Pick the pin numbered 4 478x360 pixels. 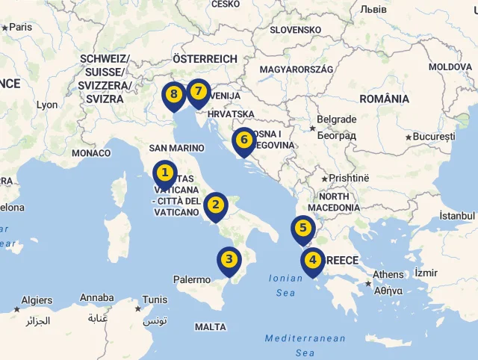tap(312, 261)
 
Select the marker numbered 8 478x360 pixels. tap(174, 95)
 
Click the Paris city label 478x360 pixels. tap(21, 27)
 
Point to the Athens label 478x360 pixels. tap(388, 275)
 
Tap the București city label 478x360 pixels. tap(434, 137)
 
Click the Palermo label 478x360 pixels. tap(192, 279)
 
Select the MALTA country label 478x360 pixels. tap(210, 327)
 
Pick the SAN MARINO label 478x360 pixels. tap(176, 148)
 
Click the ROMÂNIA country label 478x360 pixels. tap(384, 99)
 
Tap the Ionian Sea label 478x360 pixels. tap(286, 285)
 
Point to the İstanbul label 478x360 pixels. tap(457, 215)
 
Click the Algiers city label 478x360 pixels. tap(37, 300)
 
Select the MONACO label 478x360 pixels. tap(91, 153)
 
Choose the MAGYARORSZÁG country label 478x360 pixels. tap(296, 69)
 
